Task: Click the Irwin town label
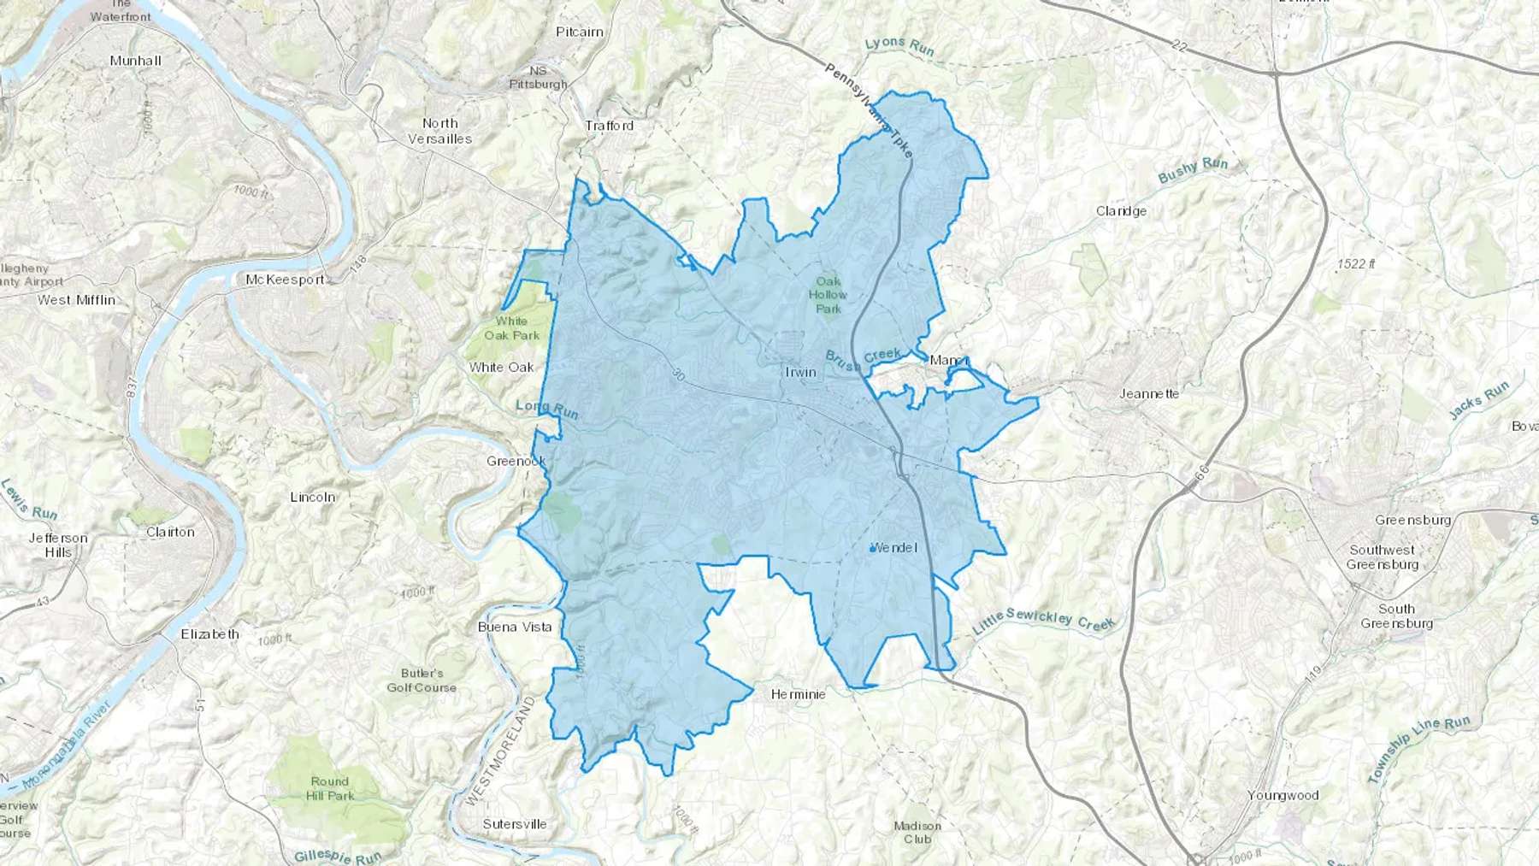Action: point(800,373)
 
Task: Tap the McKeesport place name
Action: point(285,280)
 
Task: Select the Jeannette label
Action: point(1149,394)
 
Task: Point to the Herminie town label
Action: point(798,694)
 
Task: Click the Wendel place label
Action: point(894,547)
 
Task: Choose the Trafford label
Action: point(610,126)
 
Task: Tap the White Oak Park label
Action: point(511,328)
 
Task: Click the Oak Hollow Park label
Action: point(828,295)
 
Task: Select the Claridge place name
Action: point(1121,211)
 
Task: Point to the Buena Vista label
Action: point(515,627)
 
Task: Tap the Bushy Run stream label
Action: point(1193,170)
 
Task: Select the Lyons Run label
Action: point(899,46)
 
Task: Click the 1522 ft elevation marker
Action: point(1356,264)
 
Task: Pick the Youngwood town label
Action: point(1282,795)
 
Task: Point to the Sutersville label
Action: point(514,824)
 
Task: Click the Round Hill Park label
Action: point(329,788)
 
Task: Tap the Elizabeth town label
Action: point(209,634)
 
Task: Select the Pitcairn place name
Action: point(579,32)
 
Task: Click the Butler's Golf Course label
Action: point(422,680)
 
